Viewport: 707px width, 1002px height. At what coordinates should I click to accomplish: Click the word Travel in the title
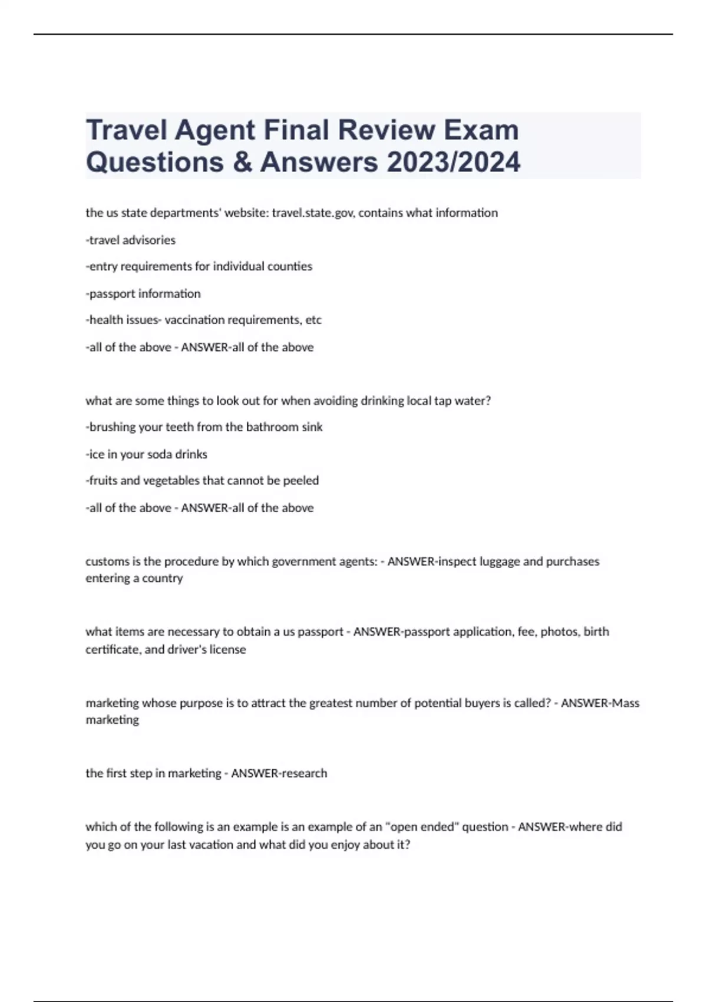tap(125, 130)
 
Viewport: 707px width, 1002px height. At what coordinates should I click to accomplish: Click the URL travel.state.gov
tap(313, 213)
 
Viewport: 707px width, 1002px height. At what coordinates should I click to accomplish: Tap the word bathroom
tap(271, 427)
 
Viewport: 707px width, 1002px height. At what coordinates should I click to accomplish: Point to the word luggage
tap(498, 561)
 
